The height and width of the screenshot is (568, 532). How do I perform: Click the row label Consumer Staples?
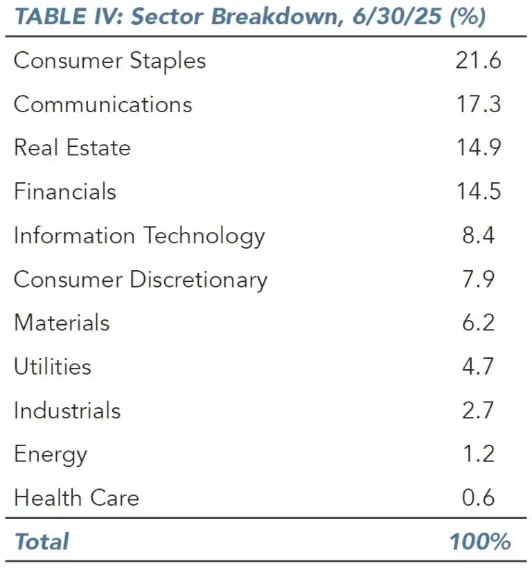pos(109,61)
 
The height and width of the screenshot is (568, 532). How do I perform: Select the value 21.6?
pos(478,61)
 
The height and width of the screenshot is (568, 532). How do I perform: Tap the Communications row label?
pos(103,105)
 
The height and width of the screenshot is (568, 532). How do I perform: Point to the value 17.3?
pos(478,105)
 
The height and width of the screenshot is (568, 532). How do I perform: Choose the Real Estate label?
pos(72,148)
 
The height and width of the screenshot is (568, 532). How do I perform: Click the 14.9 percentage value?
pos(478,148)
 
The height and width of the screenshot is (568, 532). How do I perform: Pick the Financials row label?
pos(65,192)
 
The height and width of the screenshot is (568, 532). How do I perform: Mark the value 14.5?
pos(478,192)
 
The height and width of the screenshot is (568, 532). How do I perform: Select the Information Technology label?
pos(139,236)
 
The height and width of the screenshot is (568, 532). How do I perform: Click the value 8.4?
pos(478,236)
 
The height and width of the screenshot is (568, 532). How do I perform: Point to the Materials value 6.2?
pos(478,323)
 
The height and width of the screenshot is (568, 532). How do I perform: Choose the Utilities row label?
pos(53,366)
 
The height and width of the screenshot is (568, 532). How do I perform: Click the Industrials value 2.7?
pos(478,410)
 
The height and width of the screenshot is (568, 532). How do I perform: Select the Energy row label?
pos(51,455)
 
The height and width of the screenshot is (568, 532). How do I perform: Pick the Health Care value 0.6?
pos(478,498)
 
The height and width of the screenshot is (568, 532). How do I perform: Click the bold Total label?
pos(42,542)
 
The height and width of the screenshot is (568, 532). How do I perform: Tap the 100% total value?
pos(480,542)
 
